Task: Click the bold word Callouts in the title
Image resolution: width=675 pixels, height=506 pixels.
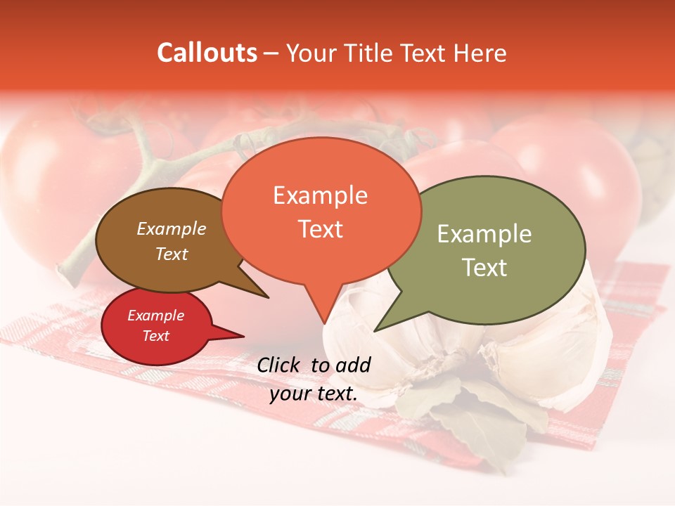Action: click(207, 53)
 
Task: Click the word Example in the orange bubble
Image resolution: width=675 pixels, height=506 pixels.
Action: click(321, 195)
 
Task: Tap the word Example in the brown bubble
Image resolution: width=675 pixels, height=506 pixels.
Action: click(172, 228)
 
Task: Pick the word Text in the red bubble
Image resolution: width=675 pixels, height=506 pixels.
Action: click(156, 336)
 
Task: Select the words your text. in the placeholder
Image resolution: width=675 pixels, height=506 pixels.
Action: click(314, 394)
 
